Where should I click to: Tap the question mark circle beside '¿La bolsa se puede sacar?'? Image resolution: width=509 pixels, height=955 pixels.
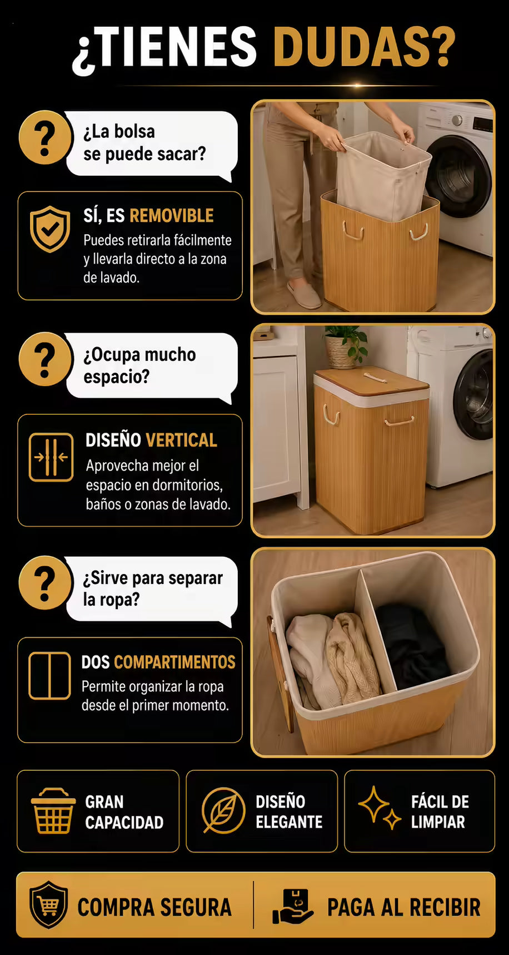[46, 137]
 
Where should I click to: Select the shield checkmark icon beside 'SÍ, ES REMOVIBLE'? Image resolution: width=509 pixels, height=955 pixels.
[50, 229]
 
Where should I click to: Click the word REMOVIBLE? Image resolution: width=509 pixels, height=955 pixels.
[172, 216]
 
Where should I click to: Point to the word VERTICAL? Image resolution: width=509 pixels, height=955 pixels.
[182, 441]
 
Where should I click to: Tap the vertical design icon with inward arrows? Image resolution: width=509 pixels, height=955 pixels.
[51, 457]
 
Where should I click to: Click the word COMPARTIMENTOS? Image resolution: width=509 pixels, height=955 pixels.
[174, 662]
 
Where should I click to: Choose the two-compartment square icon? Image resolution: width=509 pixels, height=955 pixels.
[50, 675]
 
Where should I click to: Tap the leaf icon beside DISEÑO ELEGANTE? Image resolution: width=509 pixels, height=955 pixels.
[223, 810]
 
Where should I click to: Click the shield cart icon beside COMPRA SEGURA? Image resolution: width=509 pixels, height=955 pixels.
[49, 905]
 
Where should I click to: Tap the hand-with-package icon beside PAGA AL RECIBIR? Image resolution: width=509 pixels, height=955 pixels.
[293, 907]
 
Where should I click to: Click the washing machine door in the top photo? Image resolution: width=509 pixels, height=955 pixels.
[459, 177]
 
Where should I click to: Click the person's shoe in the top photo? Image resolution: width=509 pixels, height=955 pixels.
[304, 294]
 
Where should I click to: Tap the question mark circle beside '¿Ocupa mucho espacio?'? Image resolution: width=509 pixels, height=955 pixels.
[46, 359]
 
